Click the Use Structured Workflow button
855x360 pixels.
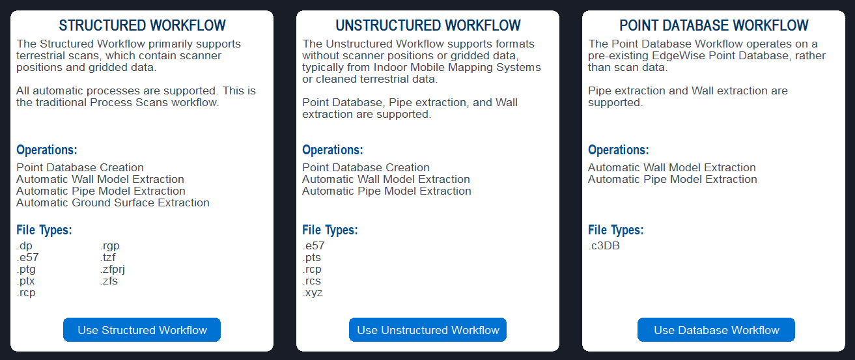coord(142,330)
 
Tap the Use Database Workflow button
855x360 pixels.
coord(716,330)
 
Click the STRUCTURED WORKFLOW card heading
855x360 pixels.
coord(142,25)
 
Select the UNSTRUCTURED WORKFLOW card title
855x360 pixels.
coord(428,25)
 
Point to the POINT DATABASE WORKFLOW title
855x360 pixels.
coord(714,25)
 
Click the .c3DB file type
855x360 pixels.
coord(604,246)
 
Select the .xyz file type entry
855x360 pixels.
coord(312,293)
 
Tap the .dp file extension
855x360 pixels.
coord(25,246)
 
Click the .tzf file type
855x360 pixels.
coord(107,258)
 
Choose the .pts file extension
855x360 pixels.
coord(311,258)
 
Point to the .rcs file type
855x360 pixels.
coord(311,281)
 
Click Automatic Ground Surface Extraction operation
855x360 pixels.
coord(113,202)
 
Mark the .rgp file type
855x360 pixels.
coord(110,246)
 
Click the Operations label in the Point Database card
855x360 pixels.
coord(619,150)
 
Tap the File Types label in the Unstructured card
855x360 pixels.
coord(329,230)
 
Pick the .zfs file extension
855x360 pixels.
coord(109,281)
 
